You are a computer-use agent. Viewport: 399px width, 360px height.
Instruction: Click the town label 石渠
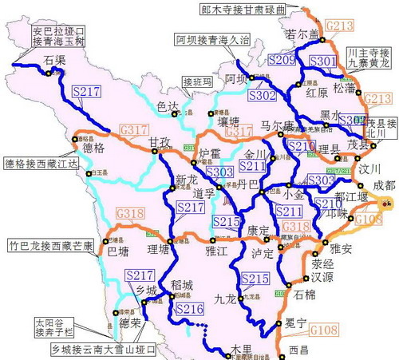(x=54, y=60)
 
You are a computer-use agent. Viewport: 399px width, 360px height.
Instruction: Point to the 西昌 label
(x=298, y=349)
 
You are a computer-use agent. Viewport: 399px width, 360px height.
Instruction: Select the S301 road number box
(x=322, y=61)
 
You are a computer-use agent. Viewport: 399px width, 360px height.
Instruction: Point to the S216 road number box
(x=189, y=308)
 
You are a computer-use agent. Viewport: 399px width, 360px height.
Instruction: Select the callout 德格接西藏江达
(x=38, y=164)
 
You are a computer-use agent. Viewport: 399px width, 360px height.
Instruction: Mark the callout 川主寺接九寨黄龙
(x=369, y=60)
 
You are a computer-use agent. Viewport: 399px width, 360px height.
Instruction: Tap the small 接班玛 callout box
(x=198, y=81)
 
